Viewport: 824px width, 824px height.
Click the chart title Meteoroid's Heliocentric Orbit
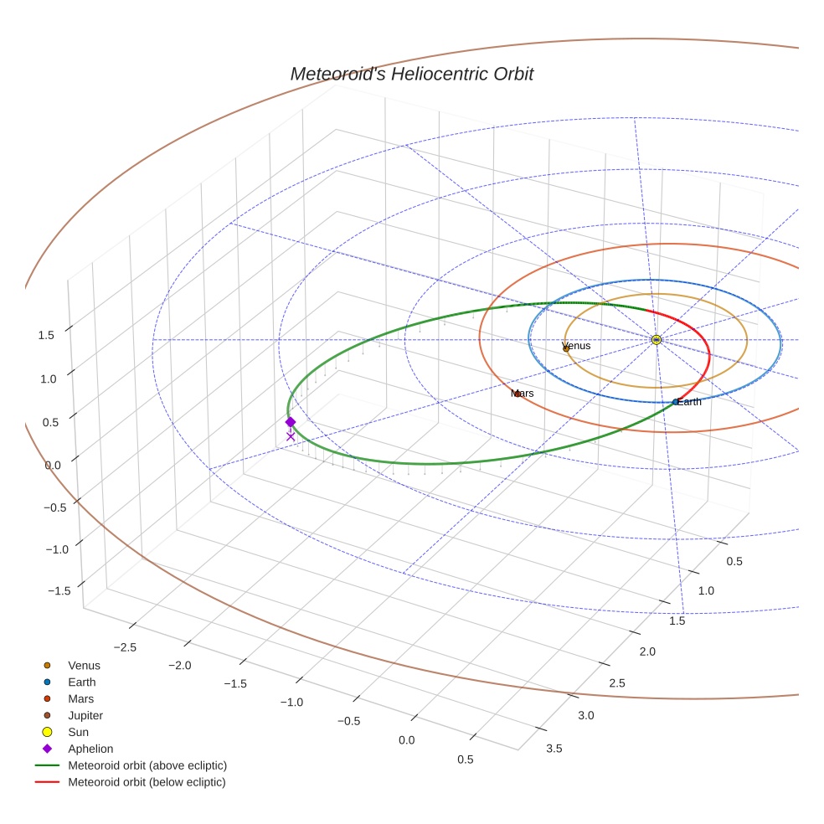point(411,74)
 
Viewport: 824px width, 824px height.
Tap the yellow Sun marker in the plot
point(657,339)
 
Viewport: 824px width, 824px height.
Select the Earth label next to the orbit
point(689,402)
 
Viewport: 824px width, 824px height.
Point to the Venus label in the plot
point(576,346)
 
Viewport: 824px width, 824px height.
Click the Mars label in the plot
point(522,393)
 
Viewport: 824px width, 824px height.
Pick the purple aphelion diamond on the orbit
point(291,422)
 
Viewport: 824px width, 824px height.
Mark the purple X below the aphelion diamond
point(291,436)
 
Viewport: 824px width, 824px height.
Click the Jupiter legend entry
point(85,715)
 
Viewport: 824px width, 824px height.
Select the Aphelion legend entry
point(90,749)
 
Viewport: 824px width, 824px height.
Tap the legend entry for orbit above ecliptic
point(147,765)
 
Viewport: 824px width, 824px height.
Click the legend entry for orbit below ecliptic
point(147,782)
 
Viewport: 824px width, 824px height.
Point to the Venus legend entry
point(84,665)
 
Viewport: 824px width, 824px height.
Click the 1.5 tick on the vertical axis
point(46,335)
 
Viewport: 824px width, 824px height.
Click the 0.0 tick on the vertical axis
point(53,465)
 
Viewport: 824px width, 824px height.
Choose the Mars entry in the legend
point(80,698)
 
